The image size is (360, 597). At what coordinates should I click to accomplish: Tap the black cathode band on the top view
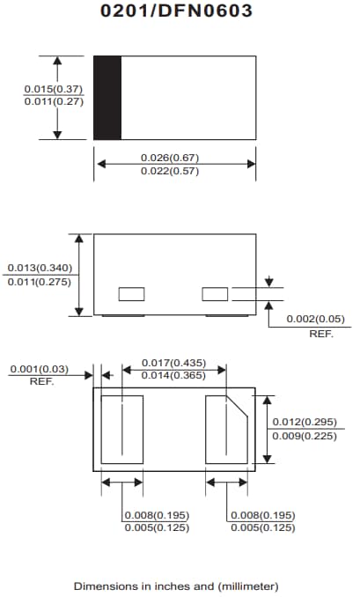107,97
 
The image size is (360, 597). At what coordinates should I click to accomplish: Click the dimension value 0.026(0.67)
170,158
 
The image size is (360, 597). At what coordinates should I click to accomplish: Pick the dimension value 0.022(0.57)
170,171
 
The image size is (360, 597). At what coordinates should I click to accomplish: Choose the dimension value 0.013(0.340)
40,268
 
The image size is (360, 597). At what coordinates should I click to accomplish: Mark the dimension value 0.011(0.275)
40,281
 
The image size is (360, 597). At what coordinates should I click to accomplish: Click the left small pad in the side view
132,293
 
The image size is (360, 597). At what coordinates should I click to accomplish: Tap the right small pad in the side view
215,293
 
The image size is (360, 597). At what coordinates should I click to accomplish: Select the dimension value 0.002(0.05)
316,319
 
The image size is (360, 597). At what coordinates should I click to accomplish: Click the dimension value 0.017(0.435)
173,363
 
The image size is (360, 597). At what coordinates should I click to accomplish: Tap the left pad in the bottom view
122,429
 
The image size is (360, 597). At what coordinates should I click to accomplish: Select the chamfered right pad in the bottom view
227,429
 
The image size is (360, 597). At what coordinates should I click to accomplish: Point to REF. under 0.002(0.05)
320,335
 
